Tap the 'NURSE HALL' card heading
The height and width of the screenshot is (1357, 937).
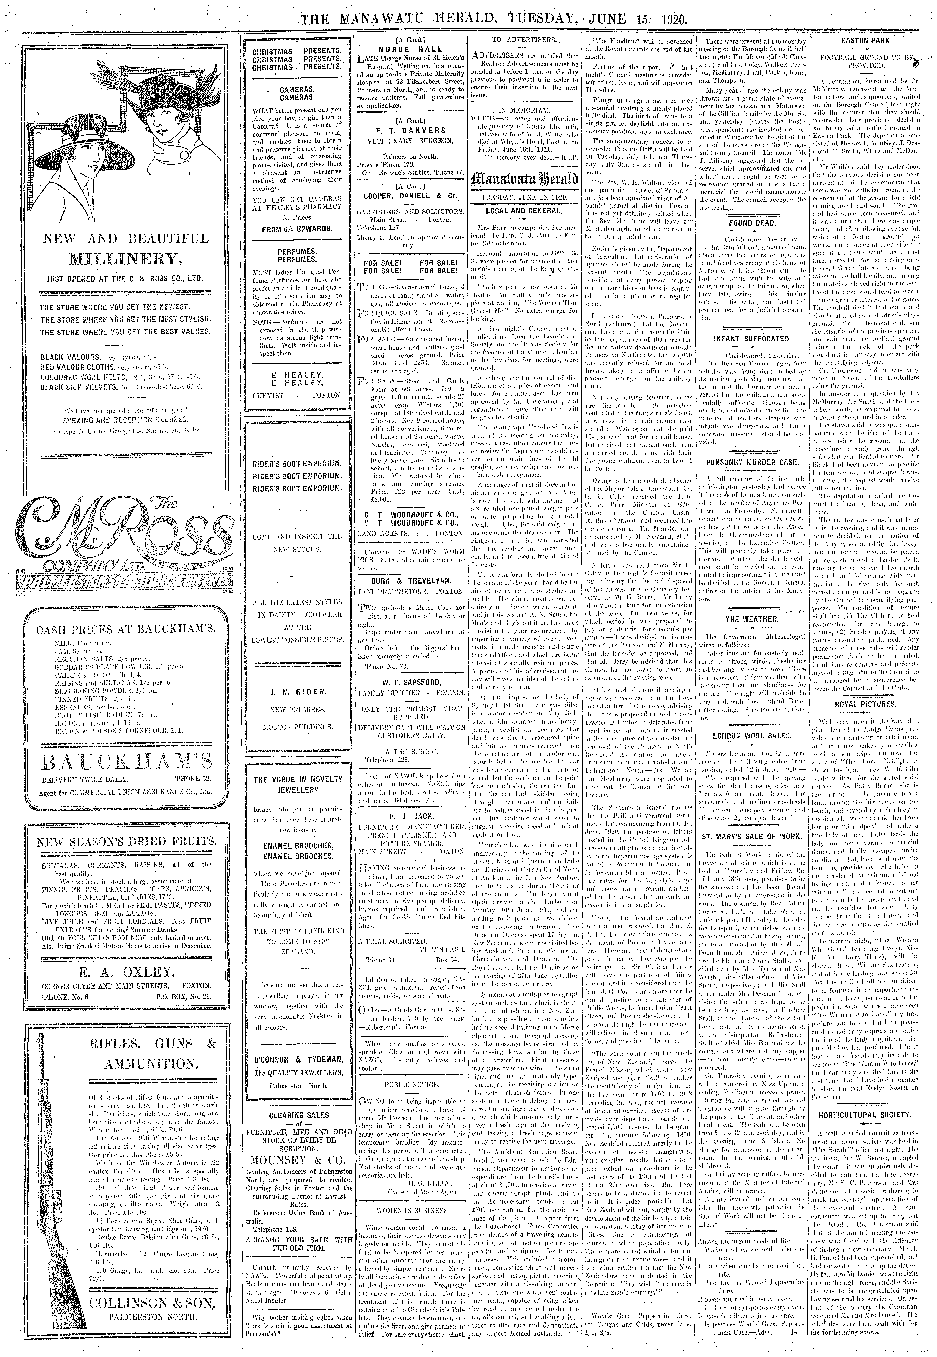[x=411, y=50]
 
